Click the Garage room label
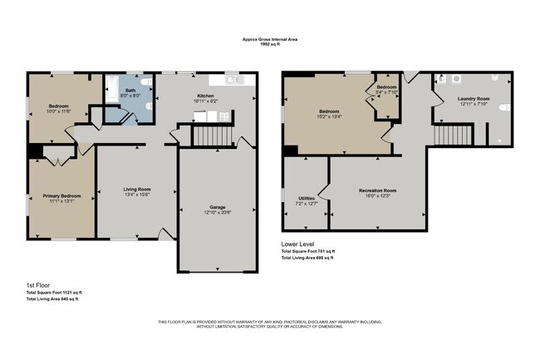click(x=217, y=207)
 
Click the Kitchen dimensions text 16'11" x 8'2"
click(x=207, y=101)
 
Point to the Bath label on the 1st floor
click(x=130, y=90)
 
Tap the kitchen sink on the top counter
click(x=233, y=81)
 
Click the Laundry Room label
click(x=473, y=98)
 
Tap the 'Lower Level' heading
click(x=301, y=243)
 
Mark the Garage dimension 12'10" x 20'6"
click(x=217, y=213)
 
